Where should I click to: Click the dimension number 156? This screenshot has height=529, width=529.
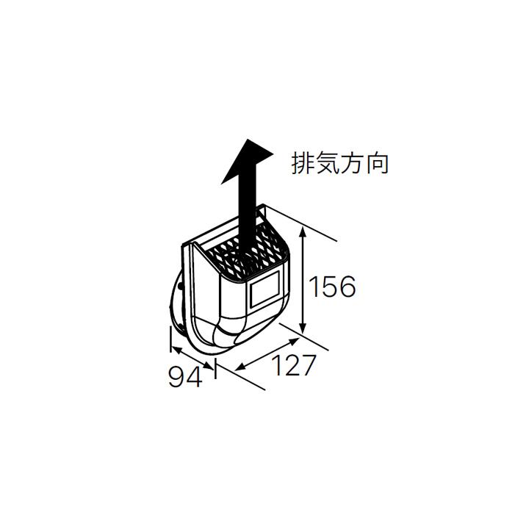click(x=331, y=286)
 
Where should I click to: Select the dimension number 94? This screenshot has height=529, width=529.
click(x=184, y=378)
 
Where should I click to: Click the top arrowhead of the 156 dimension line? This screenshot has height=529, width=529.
click(x=304, y=233)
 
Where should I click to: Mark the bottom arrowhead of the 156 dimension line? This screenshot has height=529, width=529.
click(x=304, y=330)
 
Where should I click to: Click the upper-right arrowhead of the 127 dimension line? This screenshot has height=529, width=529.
click(x=295, y=341)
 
